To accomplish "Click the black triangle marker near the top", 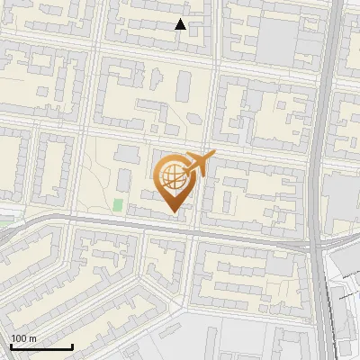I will pyautogui.click(x=180, y=24).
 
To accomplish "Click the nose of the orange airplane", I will pyautogui.click(x=213, y=155).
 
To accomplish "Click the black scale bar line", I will pyautogui.click(x=41, y=347).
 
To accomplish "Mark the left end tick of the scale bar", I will pyautogui.click(x=11, y=346).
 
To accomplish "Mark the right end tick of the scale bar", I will pyautogui.click(x=72, y=346).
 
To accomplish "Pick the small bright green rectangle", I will pyautogui.click(x=119, y=204).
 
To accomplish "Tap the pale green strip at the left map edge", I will pyautogui.click(x=4, y=213).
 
